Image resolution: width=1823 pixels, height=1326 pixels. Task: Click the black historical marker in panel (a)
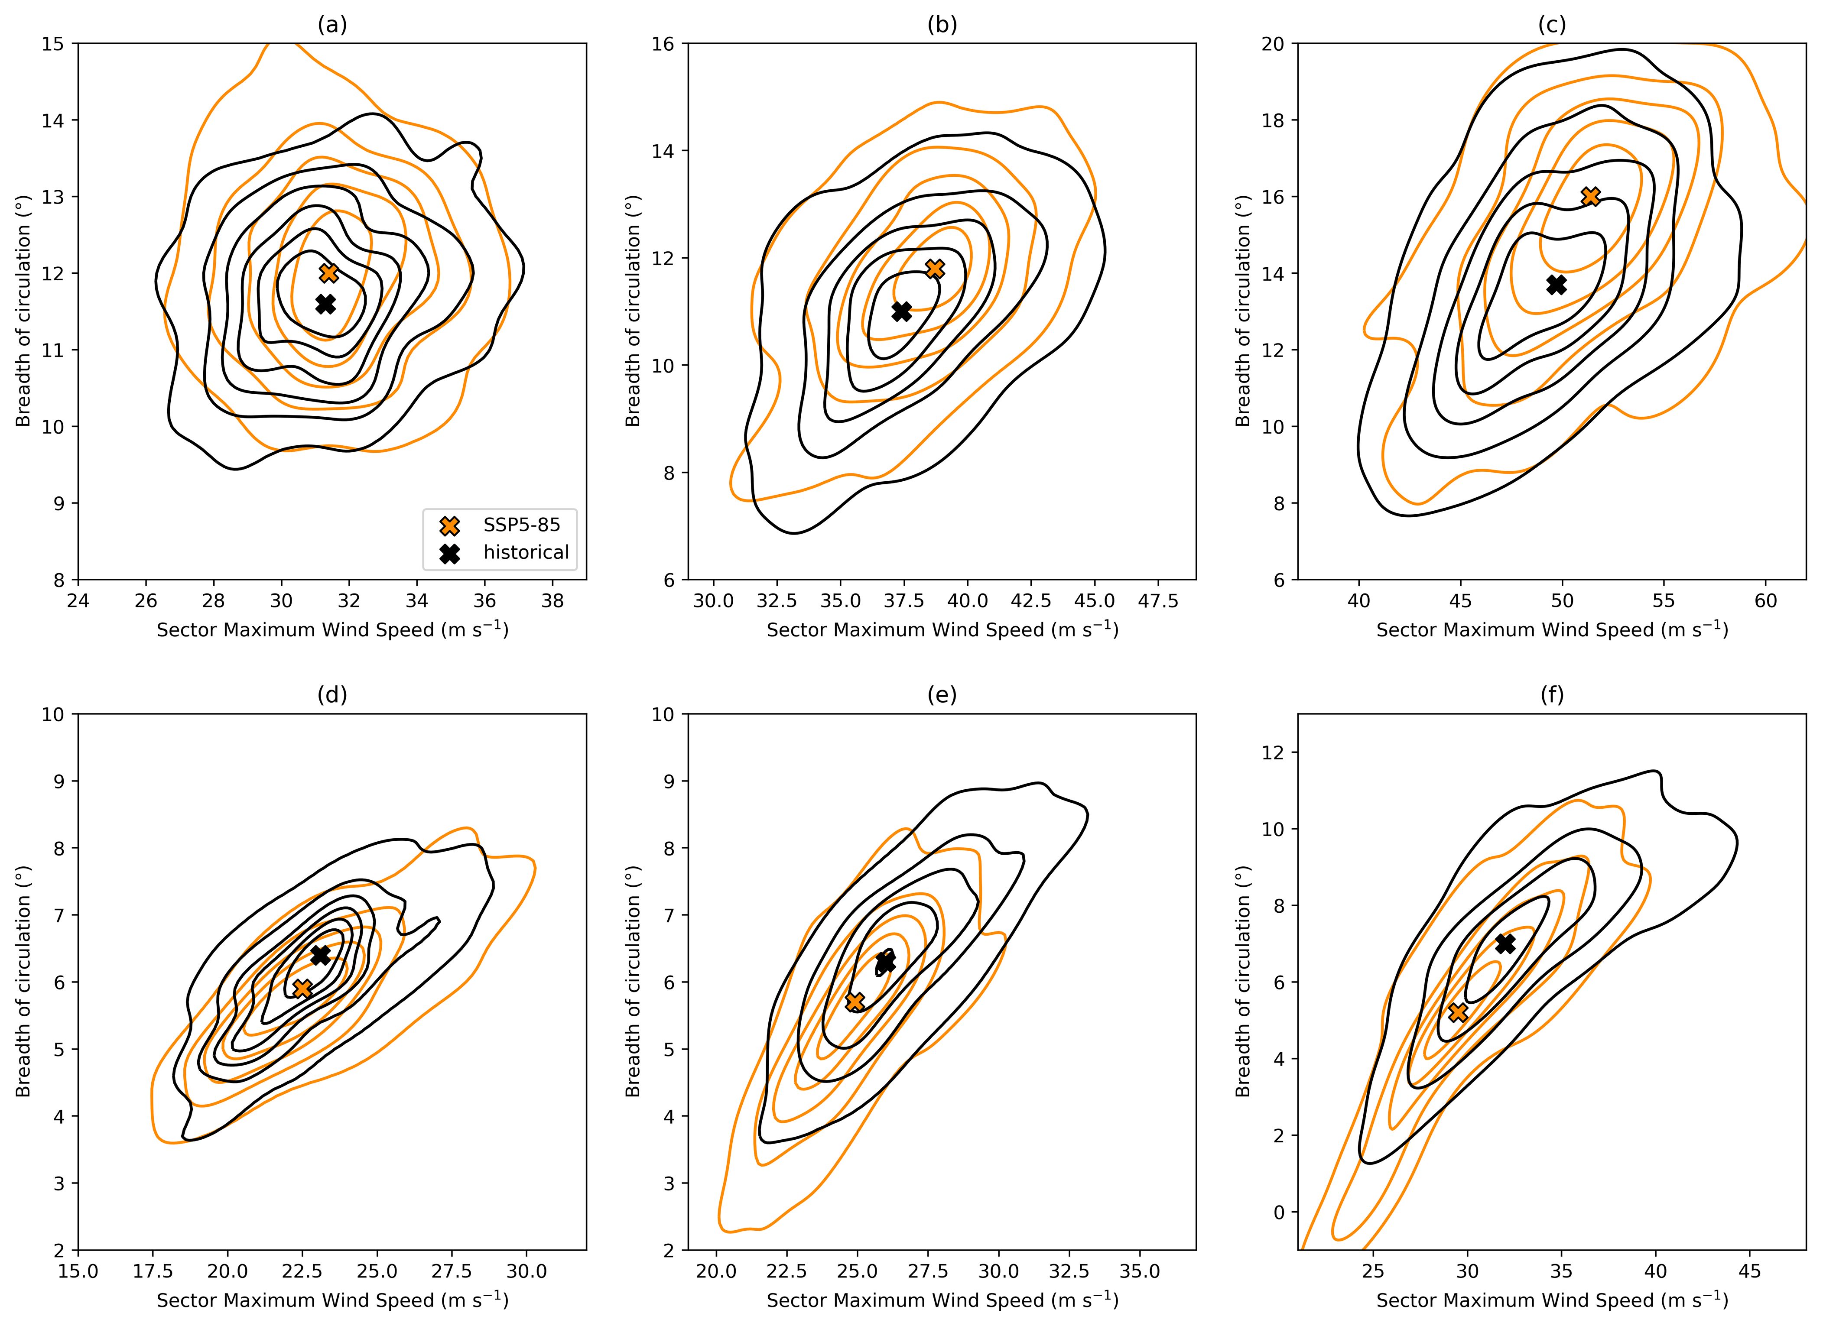click(325, 304)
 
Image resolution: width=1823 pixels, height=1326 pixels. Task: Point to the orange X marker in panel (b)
click(934, 269)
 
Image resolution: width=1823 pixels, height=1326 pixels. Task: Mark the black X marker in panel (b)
click(902, 311)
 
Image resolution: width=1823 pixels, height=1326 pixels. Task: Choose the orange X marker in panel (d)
click(302, 989)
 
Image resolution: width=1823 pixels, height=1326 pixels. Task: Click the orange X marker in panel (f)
click(1457, 1012)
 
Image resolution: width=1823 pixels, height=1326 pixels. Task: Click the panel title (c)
click(1551, 25)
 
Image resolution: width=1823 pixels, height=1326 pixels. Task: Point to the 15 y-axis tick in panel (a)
click(53, 43)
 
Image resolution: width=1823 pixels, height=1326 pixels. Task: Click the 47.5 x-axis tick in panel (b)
click(1158, 601)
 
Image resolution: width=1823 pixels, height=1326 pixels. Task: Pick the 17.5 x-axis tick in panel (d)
click(153, 1271)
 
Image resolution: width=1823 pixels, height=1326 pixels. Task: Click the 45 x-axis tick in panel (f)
click(1750, 1271)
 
